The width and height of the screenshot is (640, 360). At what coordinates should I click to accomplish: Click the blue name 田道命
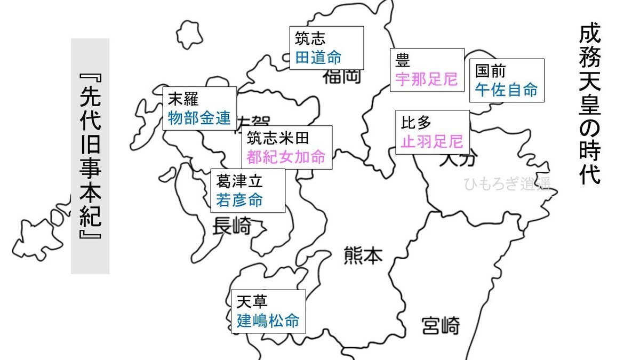tap(318, 57)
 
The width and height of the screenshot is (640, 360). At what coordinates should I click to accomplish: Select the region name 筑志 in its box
tap(310, 38)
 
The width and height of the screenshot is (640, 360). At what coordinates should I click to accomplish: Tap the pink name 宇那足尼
tap(427, 79)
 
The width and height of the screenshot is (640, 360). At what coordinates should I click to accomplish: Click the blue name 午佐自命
tap(506, 90)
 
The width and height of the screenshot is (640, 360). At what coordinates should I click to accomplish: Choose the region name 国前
tap(490, 71)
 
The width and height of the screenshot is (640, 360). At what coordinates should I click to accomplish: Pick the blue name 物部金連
tap(199, 118)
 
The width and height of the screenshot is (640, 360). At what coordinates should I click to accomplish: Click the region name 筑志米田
tap(277, 138)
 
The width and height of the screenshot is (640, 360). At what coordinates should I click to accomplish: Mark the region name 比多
tap(416, 123)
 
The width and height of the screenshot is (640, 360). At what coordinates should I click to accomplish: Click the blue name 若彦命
tap(239, 200)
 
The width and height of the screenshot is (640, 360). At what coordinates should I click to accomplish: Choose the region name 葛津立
tap(240, 181)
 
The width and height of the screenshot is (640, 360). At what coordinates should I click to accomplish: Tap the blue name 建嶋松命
tap(268, 321)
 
